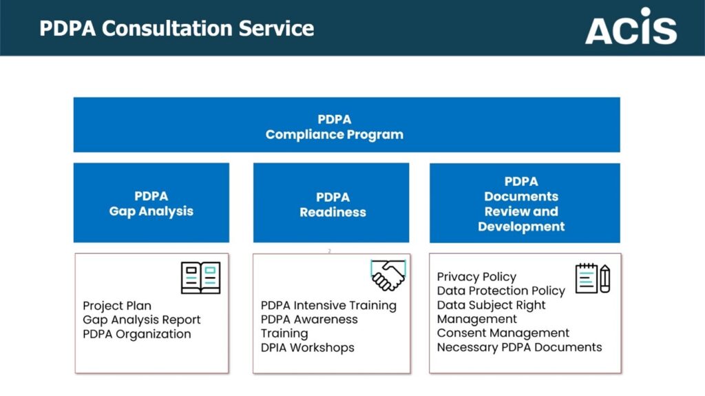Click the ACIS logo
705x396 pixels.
pyautogui.click(x=631, y=26)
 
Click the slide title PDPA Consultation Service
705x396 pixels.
pyautogui.click(x=177, y=28)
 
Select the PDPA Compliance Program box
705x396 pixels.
pyautogui.click(x=347, y=125)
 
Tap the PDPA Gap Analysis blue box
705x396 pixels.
pyautogui.click(x=151, y=202)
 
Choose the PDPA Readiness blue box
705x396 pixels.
pyautogui.click(x=331, y=202)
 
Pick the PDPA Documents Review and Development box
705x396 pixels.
pyautogui.click(x=525, y=203)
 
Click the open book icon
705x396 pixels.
pyautogui.click(x=200, y=278)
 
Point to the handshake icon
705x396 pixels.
pyautogui.click(x=388, y=275)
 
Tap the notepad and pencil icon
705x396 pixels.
pyautogui.click(x=593, y=278)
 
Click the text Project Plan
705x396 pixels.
pyautogui.click(x=117, y=306)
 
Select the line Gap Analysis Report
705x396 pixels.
pyautogui.click(x=142, y=320)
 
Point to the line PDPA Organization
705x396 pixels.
pyautogui.click(x=137, y=334)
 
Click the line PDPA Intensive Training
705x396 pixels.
pyautogui.click(x=328, y=306)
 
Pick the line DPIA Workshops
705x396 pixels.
pyautogui.click(x=308, y=348)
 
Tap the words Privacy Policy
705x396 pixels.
pyautogui.click(x=476, y=277)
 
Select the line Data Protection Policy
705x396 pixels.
pyautogui.click(x=501, y=291)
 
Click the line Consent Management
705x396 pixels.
pyautogui.click(x=503, y=333)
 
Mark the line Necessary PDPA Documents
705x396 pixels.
pyautogui.click(x=519, y=347)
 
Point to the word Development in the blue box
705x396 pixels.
pyautogui.click(x=521, y=227)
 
